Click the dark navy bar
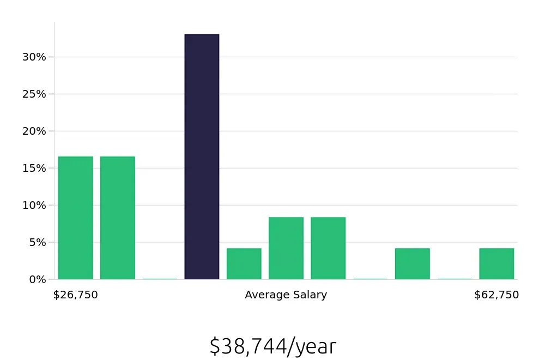coord(202,157)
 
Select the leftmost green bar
coord(75,218)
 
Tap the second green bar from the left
coord(117,218)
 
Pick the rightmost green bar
coord(496,264)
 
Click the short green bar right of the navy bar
coord(244,264)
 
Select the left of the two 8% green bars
coord(286,248)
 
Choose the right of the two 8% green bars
coord(328,248)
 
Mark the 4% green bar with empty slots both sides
coord(412,264)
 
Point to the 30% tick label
coord(34,57)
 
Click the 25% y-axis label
coord(34,94)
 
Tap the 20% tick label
coord(34,131)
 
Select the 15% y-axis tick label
coord(34,169)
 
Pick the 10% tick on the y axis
coord(34,206)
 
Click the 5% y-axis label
coord(37,243)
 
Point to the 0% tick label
coord(37,280)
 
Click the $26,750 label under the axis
coord(75,295)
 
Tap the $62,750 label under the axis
coord(496,295)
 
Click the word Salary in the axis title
coord(310,295)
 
